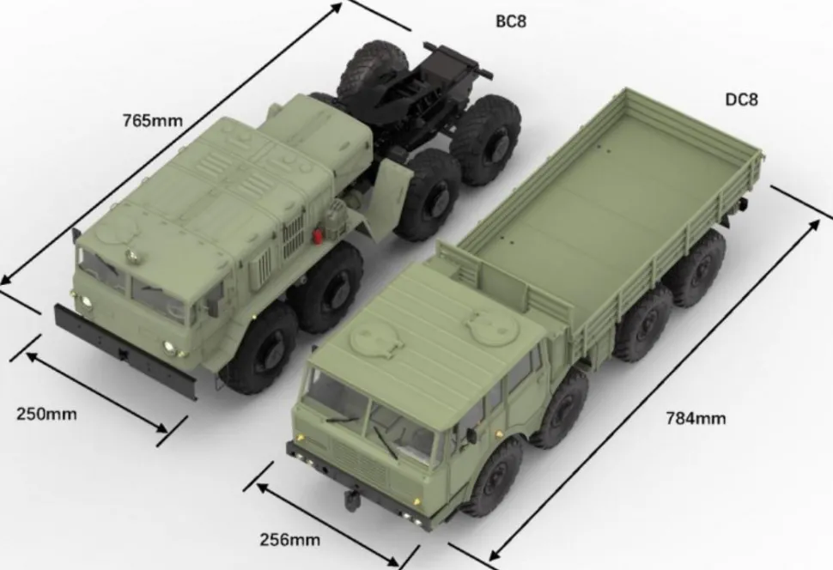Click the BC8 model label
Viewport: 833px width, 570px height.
tap(510, 21)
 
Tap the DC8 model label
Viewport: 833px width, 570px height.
tap(742, 100)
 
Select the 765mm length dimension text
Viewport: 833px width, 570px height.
tap(153, 120)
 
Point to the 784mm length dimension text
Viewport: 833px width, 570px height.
tap(696, 419)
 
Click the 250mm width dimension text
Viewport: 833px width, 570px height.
tap(46, 414)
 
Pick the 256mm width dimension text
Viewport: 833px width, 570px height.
tap(290, 540)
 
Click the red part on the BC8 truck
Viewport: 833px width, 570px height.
tap(318, 237)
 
